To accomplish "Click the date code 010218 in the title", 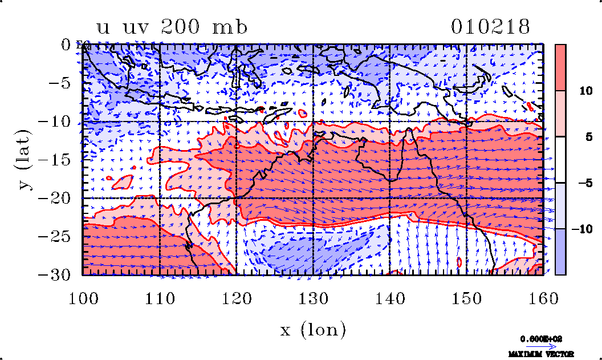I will click(491, 27).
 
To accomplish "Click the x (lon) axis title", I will click(313, 330).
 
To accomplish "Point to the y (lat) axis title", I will click(23, 160).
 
